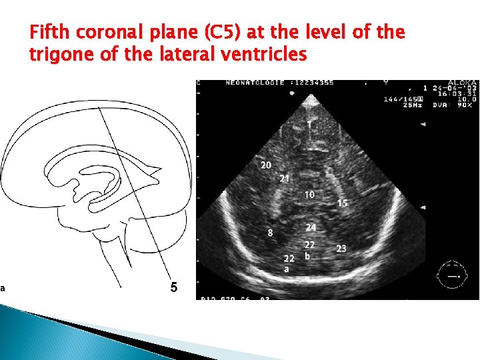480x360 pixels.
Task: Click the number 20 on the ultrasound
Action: pos(266,165)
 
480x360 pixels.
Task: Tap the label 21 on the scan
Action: pos(285,178)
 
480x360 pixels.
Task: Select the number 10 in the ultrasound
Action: pos(309,195)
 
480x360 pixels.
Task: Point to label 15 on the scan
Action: pos(342,203)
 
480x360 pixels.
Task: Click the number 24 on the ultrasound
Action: pos(311,228)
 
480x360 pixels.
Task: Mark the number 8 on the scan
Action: pos(270,233)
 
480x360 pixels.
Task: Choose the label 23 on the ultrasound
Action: pos(341,248)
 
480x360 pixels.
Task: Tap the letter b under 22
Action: pos(307,256)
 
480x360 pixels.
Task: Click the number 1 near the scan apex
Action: pos(309,124)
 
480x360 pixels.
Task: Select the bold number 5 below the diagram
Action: pos(173,288)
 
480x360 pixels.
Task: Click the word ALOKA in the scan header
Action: pos(461,83)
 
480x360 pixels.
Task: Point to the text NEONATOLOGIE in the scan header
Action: pos(251,83)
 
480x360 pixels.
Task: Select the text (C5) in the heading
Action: pos(225,33)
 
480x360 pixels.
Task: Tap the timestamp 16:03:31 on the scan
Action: pos(459,93)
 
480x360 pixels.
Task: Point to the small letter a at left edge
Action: pos(3,288)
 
